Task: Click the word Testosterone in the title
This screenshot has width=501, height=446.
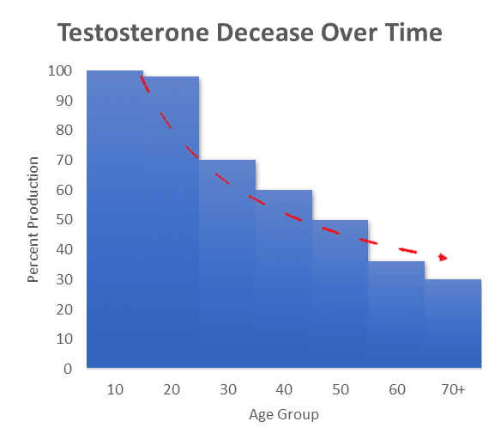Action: (x=133, y=33)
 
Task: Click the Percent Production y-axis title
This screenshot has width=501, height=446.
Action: (x=33, y=220)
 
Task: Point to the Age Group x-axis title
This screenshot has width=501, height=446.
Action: (x=284, y=414)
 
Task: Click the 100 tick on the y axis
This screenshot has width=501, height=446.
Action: (x=60, y=70)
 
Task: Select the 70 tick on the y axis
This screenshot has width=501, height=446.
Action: (x=64, y=160)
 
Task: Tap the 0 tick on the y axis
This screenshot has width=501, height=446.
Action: (x=68, y=369)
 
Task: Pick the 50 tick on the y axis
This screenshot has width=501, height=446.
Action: (x=64, y=220)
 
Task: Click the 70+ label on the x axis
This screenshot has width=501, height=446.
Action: (x=453, y=389)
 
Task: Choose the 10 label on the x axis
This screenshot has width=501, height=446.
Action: (x=115, y=389)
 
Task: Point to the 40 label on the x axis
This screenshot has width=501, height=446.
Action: (x=284, y=389)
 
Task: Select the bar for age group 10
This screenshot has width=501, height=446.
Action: (x=115, y=219)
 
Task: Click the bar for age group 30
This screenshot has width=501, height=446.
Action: (x=227, y=264)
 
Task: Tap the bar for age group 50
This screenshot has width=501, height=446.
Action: (x=340, y=294)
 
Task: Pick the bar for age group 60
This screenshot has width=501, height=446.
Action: (x=396, y=315)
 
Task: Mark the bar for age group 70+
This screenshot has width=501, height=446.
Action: (x=453, y=323)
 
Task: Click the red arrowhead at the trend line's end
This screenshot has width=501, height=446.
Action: (x=443, y=257)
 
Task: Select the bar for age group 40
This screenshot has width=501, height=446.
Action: (x=284, y=279)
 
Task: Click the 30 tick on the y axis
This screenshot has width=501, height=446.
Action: (x=64, y=279)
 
